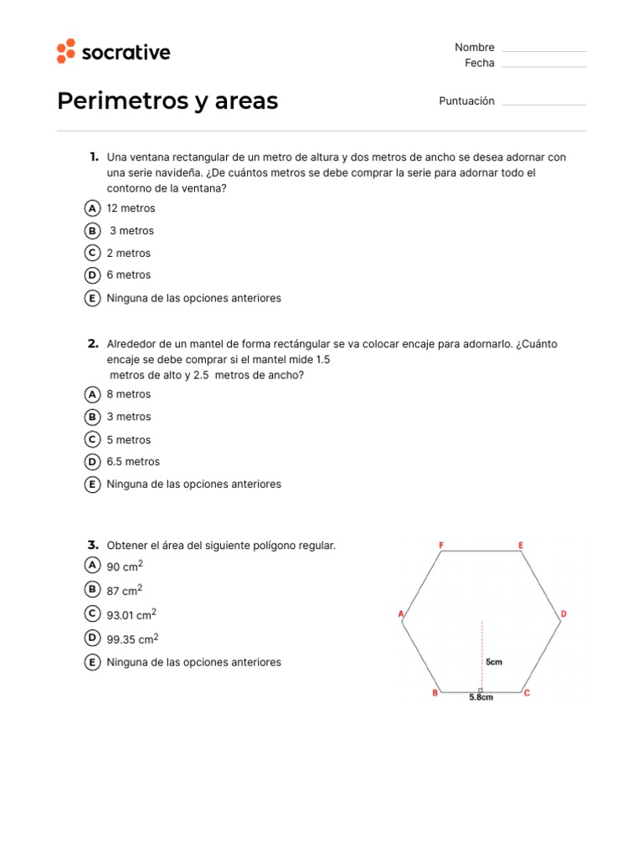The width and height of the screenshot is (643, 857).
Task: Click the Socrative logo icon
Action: click(66, 51)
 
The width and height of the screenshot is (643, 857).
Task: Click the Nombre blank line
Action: click(544, 51)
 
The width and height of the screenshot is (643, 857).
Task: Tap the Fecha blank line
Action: click(544, 66)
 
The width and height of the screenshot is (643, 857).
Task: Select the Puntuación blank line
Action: click(544, 105)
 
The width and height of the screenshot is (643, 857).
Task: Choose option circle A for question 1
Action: click(93, 208)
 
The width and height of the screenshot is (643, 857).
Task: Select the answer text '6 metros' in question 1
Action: click(129, 275)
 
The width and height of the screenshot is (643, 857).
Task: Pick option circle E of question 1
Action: click(93, 298)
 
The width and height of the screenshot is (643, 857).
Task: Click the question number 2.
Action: click(93, 344)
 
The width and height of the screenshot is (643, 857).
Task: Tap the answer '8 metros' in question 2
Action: click(129, 394)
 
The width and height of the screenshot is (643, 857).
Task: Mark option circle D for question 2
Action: click(93, 462)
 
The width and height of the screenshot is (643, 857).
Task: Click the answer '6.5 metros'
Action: click(133, 462)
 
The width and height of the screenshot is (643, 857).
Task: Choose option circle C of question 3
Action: click(93, 614)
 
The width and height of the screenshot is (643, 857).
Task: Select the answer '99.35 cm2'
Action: click(132, 639)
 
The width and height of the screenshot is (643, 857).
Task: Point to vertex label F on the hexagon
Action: click(441, 546)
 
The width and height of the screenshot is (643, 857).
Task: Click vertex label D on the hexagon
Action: click(563, 614)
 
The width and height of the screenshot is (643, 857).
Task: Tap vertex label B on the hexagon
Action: click(435, 693)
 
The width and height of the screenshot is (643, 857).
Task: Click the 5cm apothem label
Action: click(494, 662)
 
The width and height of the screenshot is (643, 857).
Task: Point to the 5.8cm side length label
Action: click(481, 698)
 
